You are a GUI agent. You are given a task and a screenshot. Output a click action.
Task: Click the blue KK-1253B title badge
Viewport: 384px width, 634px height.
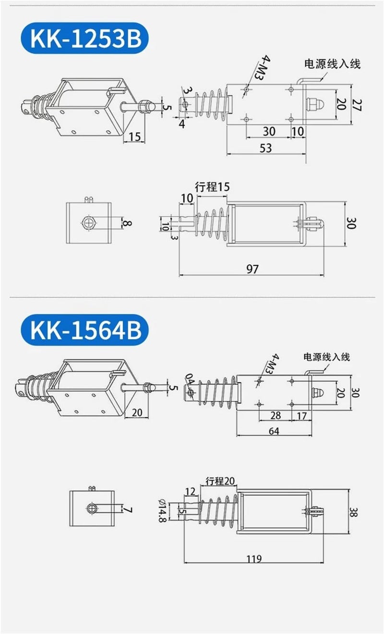click(84, 38)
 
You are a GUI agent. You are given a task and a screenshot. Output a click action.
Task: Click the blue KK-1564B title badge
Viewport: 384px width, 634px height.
click(84, 330)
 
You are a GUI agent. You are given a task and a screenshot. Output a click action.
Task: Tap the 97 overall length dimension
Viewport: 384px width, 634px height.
click(252, 269)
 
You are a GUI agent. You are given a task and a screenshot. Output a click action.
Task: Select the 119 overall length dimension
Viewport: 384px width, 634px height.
click(254, 559)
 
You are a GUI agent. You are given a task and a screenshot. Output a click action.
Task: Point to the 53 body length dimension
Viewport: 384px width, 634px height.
click(265, 148)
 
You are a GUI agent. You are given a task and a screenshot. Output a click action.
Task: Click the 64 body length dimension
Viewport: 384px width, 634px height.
click(274, 431)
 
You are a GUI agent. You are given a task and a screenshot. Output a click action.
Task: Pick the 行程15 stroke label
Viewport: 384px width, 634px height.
click(212, 187)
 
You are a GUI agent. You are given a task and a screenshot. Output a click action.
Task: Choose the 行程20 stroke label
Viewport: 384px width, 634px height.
click(220, 481)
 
